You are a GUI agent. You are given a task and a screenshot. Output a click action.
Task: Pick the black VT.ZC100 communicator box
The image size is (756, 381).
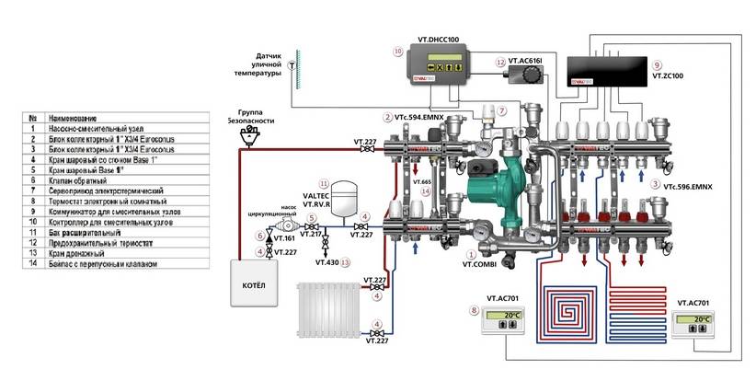[610, 70]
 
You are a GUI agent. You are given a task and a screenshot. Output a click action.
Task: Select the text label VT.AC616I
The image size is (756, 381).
[525, 62]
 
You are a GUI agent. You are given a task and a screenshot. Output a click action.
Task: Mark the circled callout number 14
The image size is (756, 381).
[425, 190]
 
